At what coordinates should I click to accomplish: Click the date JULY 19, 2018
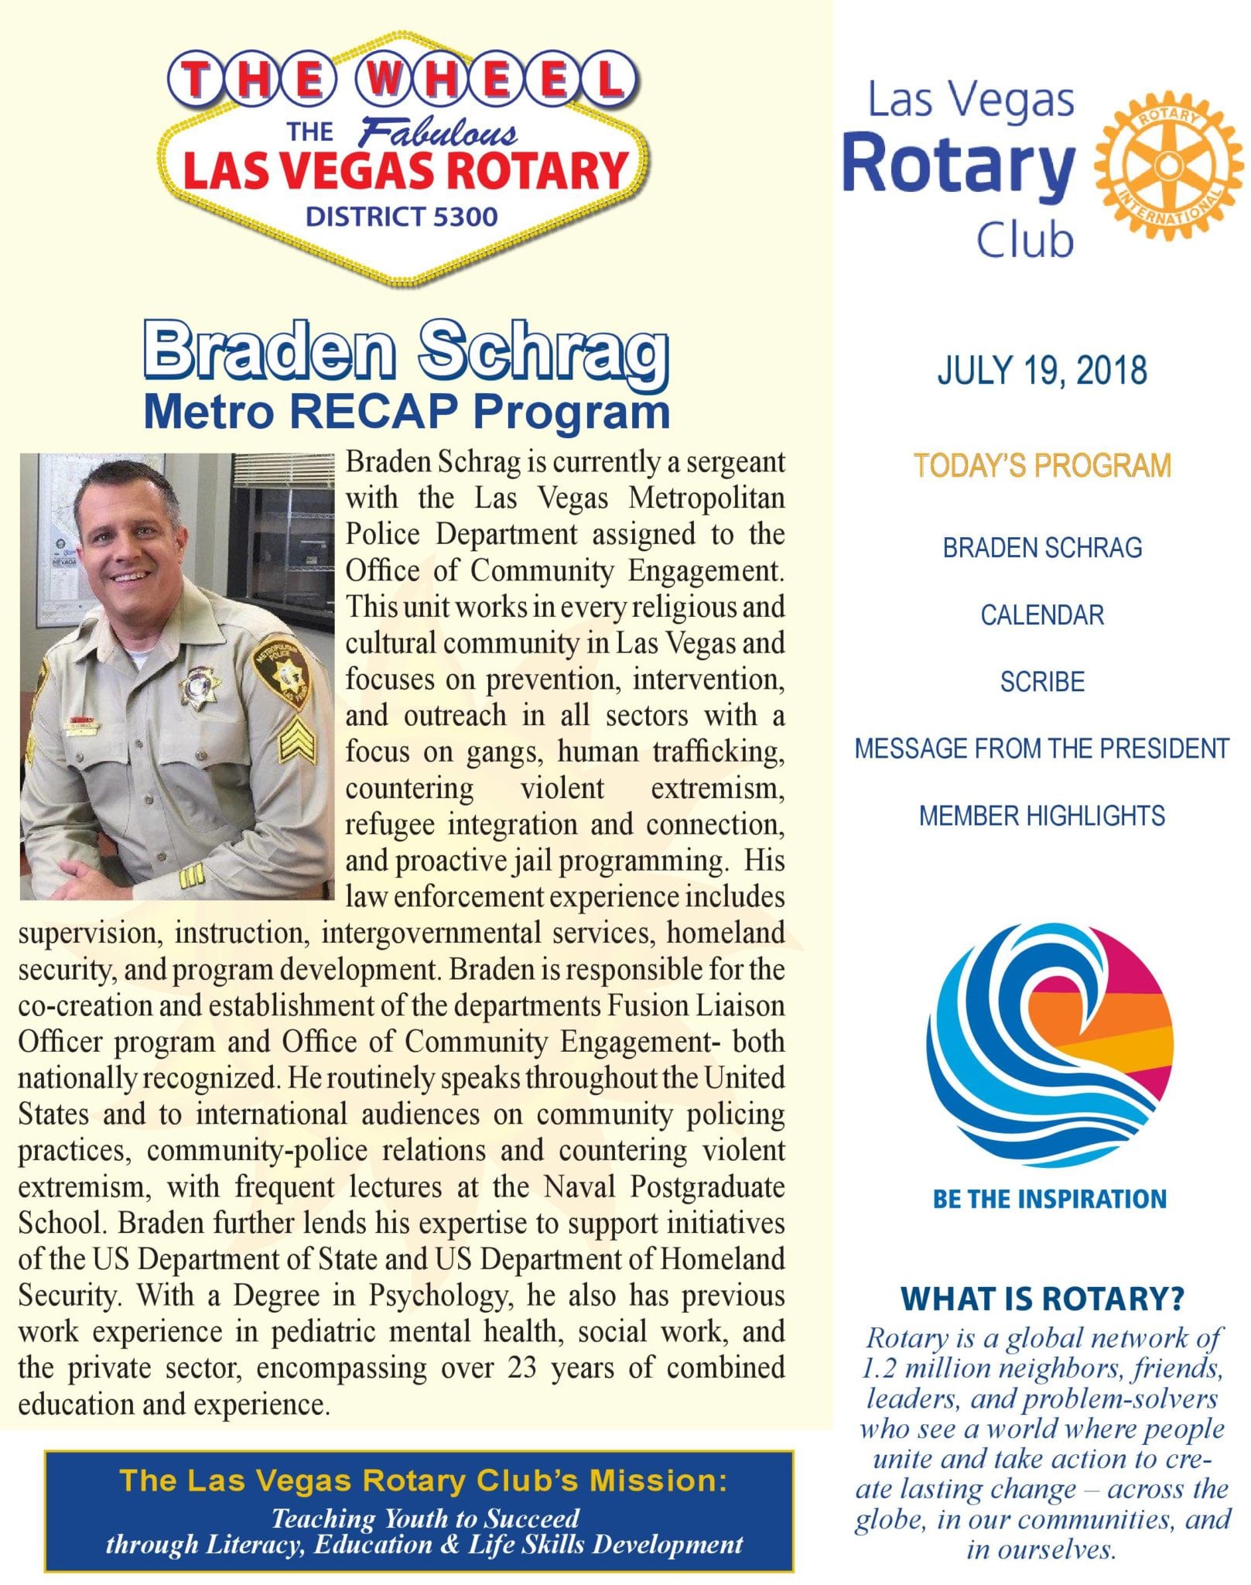click(1041, 371)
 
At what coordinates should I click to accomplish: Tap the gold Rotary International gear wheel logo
click(1168, 168)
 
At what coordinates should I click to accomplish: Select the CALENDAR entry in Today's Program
click(1041, 615)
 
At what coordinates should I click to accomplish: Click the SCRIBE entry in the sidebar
click(1041, 682)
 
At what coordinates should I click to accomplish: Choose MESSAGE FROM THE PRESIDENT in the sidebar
click(1041, 749)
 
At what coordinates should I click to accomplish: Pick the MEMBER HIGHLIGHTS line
click(1041, 816)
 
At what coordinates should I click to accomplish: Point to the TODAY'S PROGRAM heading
click(1041, 466)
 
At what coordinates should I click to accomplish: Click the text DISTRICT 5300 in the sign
click(402, 217)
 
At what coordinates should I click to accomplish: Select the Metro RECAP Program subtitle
click(407, 412)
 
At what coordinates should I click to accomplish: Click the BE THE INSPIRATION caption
click(1049, 1199)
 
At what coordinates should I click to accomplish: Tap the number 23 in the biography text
click(523, 1368)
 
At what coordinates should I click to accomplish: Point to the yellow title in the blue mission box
click(423, 1481)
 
